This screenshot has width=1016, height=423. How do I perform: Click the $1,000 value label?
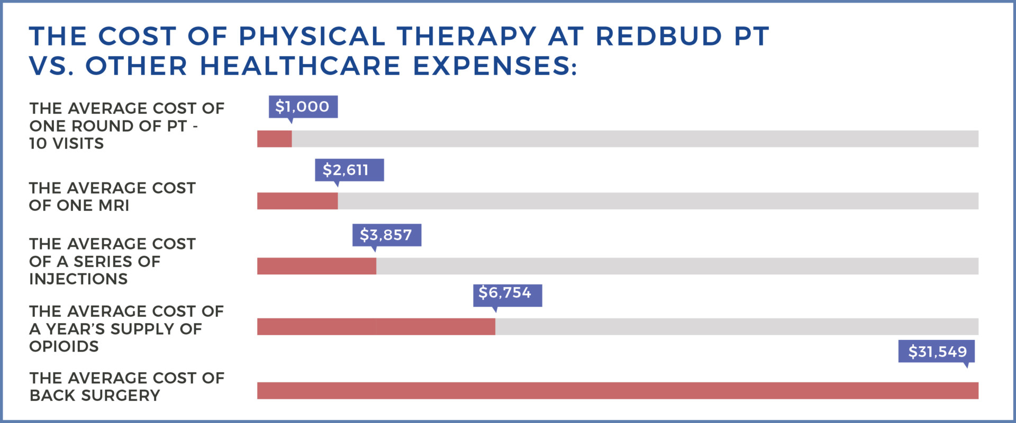click(x=303, y=107)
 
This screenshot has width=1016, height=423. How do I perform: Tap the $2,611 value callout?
click(x=349, y=170)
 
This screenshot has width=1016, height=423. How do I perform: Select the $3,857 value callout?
click(x=386, y=235)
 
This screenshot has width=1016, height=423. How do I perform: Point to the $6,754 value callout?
click(x=507, y=293)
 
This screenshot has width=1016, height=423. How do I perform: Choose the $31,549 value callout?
click(x=936, y=352)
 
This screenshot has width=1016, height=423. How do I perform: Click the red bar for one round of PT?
click(x=274, y=139)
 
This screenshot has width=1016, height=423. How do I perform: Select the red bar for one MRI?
click(x=297, y=201)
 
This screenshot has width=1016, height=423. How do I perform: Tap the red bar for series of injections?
click(x=316, y=266)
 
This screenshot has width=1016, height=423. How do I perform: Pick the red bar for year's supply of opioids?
click(x=376, y=327)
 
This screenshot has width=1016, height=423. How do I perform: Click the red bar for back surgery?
click(x=617, y=390)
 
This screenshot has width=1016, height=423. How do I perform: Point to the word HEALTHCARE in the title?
click(x=300, y=66)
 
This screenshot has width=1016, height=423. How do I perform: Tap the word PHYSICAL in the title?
click(x=312, y=36)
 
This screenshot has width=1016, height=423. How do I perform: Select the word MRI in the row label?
click(x=114, y=206)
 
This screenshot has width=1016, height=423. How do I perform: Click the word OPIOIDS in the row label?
click(x=64, y=347)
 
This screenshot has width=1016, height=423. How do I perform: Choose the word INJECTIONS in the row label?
click(x=78, y=279)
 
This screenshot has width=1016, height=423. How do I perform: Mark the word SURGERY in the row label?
click(x=127, y=396)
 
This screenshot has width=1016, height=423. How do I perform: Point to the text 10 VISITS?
click(x=67, y=144)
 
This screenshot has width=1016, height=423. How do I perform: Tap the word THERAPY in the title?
click(x=467, y=36)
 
